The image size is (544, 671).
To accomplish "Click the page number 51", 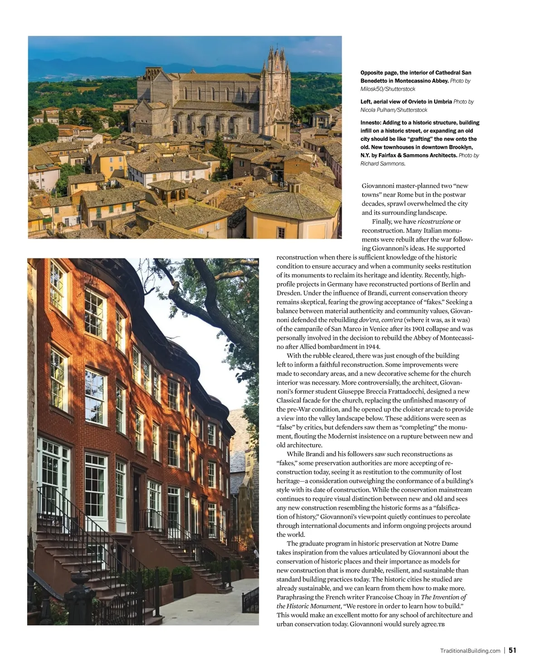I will (512, 650).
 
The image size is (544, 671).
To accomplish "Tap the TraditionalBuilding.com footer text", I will (470, 651).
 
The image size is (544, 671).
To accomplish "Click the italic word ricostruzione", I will (435, 222).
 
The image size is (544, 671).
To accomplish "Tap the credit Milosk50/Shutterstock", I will (388, 89).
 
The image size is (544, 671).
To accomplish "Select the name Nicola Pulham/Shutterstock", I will (393, 110).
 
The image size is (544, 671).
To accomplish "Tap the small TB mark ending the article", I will (441, 624).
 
